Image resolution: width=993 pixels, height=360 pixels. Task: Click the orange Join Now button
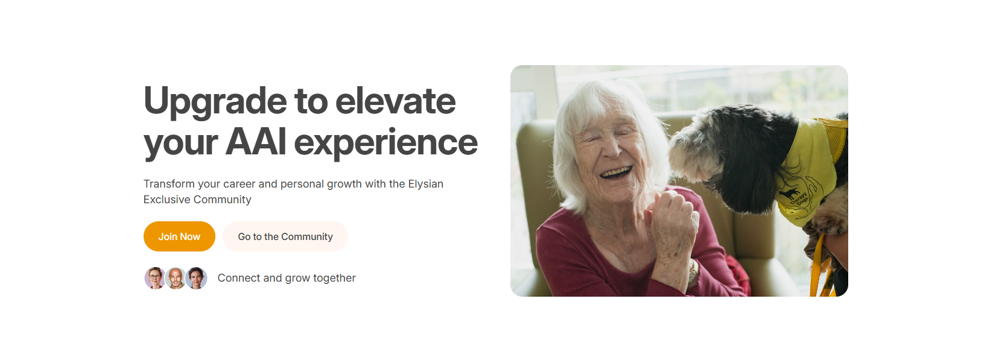point(179,236)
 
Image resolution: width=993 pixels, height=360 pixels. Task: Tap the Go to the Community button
point(285,236)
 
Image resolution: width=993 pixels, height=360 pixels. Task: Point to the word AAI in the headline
point(256,142)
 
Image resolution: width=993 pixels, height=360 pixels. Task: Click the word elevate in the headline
point(395,101)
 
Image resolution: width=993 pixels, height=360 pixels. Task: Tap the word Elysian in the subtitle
point(425,184)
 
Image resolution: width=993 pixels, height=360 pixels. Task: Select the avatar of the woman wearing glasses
point(155,278)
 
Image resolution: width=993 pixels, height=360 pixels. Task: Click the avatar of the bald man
point(176,278)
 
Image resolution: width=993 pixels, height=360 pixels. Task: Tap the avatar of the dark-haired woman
point(197,278)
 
